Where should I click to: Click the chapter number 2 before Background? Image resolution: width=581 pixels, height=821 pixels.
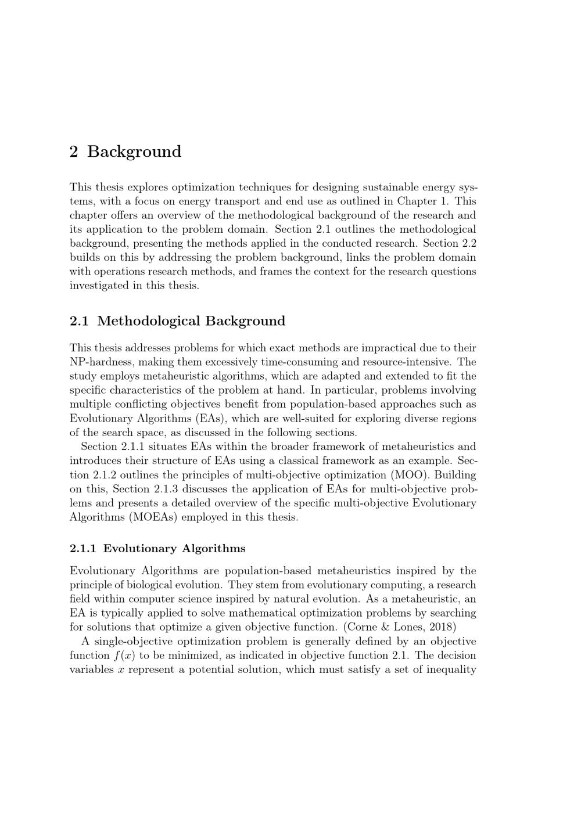coord(74,152)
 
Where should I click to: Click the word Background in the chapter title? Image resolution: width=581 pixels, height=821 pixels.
coord(134,152)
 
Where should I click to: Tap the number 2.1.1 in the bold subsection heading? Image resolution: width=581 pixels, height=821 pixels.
coord(83,549)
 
